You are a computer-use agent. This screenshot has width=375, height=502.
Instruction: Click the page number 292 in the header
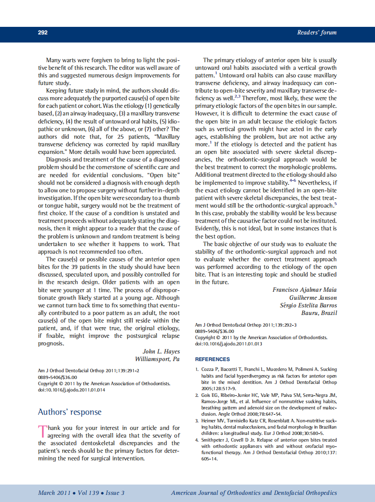(43, 33)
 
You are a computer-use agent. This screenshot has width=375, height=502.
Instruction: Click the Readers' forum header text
(317, 33)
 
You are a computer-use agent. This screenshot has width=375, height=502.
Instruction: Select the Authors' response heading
(69, 412)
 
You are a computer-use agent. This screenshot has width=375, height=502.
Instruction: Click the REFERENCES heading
(213, 359)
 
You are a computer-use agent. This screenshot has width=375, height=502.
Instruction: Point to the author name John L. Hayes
(161, 351)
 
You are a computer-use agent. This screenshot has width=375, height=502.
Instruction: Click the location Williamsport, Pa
(157, 359)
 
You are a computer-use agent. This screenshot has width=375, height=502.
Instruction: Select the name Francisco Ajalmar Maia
(305, 290)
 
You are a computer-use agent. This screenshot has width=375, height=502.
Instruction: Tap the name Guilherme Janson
(313, 298)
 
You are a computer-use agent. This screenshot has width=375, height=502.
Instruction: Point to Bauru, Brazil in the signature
(319, 313)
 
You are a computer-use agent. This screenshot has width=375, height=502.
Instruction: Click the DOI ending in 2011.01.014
(72, 390)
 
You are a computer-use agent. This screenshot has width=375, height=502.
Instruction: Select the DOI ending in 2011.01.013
(229, 344)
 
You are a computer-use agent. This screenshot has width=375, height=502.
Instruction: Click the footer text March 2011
(53, 493)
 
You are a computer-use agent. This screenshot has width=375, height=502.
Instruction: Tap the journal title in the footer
(254, 493)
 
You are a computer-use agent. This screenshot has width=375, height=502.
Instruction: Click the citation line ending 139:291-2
(89, 371)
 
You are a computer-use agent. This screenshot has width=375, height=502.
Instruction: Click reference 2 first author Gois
(206, 396)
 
